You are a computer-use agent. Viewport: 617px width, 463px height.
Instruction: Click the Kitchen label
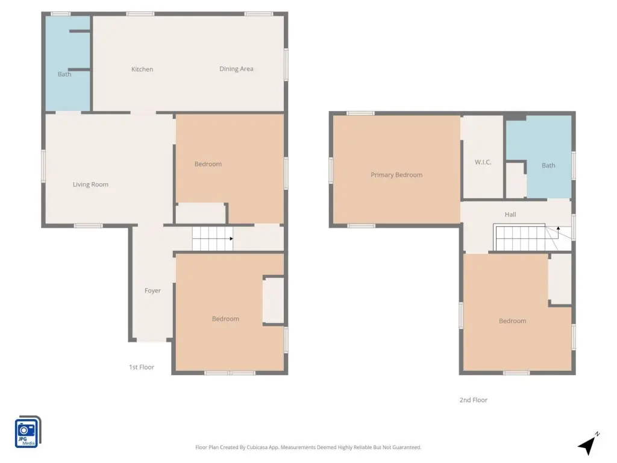coord(142,69)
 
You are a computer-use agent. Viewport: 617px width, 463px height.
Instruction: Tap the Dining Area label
coord(236,69)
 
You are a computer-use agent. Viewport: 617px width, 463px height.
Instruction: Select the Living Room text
coord(90,184)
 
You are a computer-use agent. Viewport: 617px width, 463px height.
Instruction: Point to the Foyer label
coord(152,291)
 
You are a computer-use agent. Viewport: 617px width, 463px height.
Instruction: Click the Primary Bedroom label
coord(396,175)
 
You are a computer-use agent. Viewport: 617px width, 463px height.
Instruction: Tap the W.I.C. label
coord(483,162)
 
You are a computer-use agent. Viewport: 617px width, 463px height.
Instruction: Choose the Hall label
coord(510,215)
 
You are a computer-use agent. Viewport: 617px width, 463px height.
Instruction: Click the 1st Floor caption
coord(142,367)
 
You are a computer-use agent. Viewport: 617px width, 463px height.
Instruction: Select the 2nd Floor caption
coord(474,400)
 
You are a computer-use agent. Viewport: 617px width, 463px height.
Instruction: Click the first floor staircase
coord(213,239)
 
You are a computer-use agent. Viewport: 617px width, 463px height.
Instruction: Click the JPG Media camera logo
coord(28,432)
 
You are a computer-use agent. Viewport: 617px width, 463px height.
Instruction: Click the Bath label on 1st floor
coord(64,74)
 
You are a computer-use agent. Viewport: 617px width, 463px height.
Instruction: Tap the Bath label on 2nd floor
coord(548,165)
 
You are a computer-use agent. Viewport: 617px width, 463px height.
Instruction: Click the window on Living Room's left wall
coord(43,166)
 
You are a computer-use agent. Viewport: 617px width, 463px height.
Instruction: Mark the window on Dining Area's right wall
coord(286,65)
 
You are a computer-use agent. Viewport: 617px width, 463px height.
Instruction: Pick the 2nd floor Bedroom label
coord(512,321)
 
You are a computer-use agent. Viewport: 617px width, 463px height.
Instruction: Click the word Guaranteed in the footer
coord(407,447)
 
